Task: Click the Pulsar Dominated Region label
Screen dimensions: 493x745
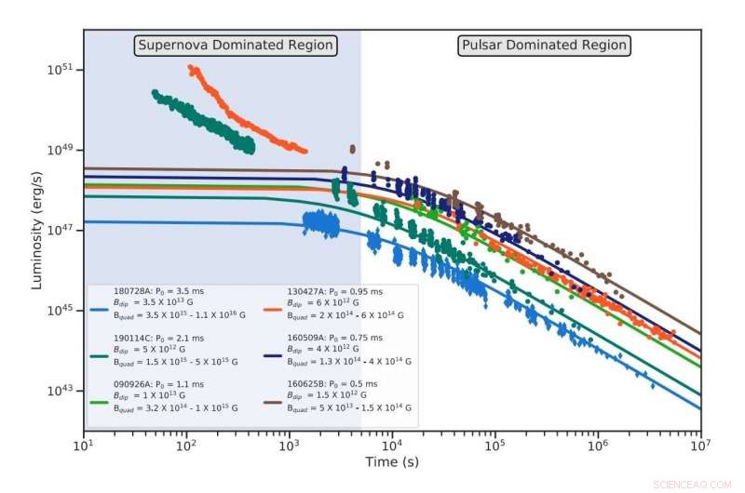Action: click(545, 45)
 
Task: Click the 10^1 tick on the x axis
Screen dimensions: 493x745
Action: click(85, 446)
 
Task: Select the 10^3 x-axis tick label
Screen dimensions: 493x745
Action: click(290, 446)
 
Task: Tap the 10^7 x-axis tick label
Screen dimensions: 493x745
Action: click(700, 446)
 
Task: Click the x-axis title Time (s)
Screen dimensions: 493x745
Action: click(392, 461)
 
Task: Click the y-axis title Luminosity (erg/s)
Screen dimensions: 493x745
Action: click(37, 230)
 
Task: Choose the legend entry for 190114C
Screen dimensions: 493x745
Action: click(163, 348)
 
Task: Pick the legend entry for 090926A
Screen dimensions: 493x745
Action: click(163, 395)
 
